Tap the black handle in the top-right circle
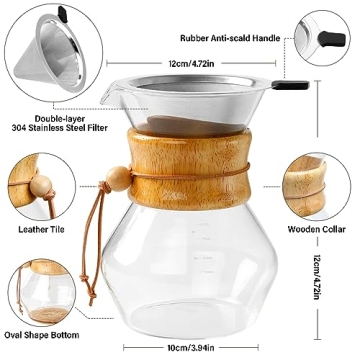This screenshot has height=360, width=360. pyautogui.click(x=324, y=41)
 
